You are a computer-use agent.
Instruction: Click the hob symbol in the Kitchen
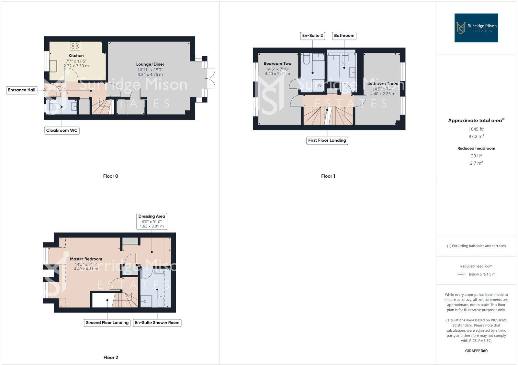pyautogui.click(x=75, y=46)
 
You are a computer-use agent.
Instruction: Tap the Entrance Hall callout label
pyautogui.click(x=22, y=90)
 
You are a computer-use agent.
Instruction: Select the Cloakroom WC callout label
pyautogui.click(x=62, y=130)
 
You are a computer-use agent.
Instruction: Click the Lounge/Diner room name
pyautogui.click(x=150, y=64)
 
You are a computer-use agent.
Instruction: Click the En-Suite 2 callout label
pyautogui.click(x=312, y=36)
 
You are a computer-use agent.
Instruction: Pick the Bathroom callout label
pyautogui.click(x=344, y=36)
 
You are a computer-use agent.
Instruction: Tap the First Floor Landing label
pyautogui.click(x=327, y=140)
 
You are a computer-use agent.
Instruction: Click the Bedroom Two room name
pyautogui.click(x=277, y=64)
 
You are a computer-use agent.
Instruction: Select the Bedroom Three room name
pyautogui.click(x=383, y=83)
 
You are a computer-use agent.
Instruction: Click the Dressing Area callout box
pyautogui.click(x=152, y=221)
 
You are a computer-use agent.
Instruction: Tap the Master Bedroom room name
pyautogui.click(x=86, y=259)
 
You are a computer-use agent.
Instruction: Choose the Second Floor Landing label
pyautogui.click(x=107, y=323)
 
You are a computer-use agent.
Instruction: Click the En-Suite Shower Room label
pyautogui.click(x=157, y=323)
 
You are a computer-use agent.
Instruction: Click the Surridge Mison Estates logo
pyautogui.click(x=476, y=28)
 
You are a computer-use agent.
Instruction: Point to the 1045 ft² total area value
pyautogui.click(x=476, y=129)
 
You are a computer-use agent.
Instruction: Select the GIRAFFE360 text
pyautogui.click(x=476, y=351)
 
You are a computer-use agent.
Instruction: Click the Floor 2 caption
pyautogui.click(x=111, y=358)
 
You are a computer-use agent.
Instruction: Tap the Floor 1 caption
pyautogui.click(x=328, y=176)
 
